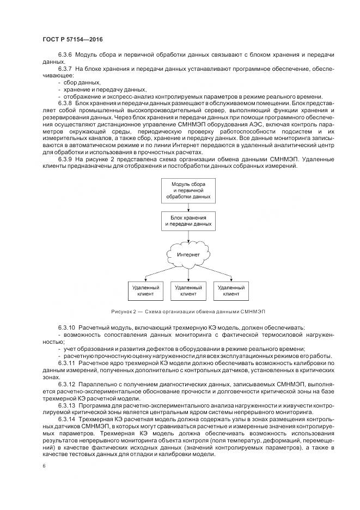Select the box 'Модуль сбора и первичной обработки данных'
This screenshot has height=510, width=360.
pos(187,190)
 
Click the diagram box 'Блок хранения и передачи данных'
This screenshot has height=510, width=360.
pos(187,221)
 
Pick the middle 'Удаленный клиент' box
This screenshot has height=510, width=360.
pos(187,290)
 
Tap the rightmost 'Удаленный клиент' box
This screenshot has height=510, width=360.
pos(231,290)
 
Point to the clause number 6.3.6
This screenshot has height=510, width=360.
pos(65,56)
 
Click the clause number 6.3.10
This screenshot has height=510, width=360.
pos(66,329)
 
